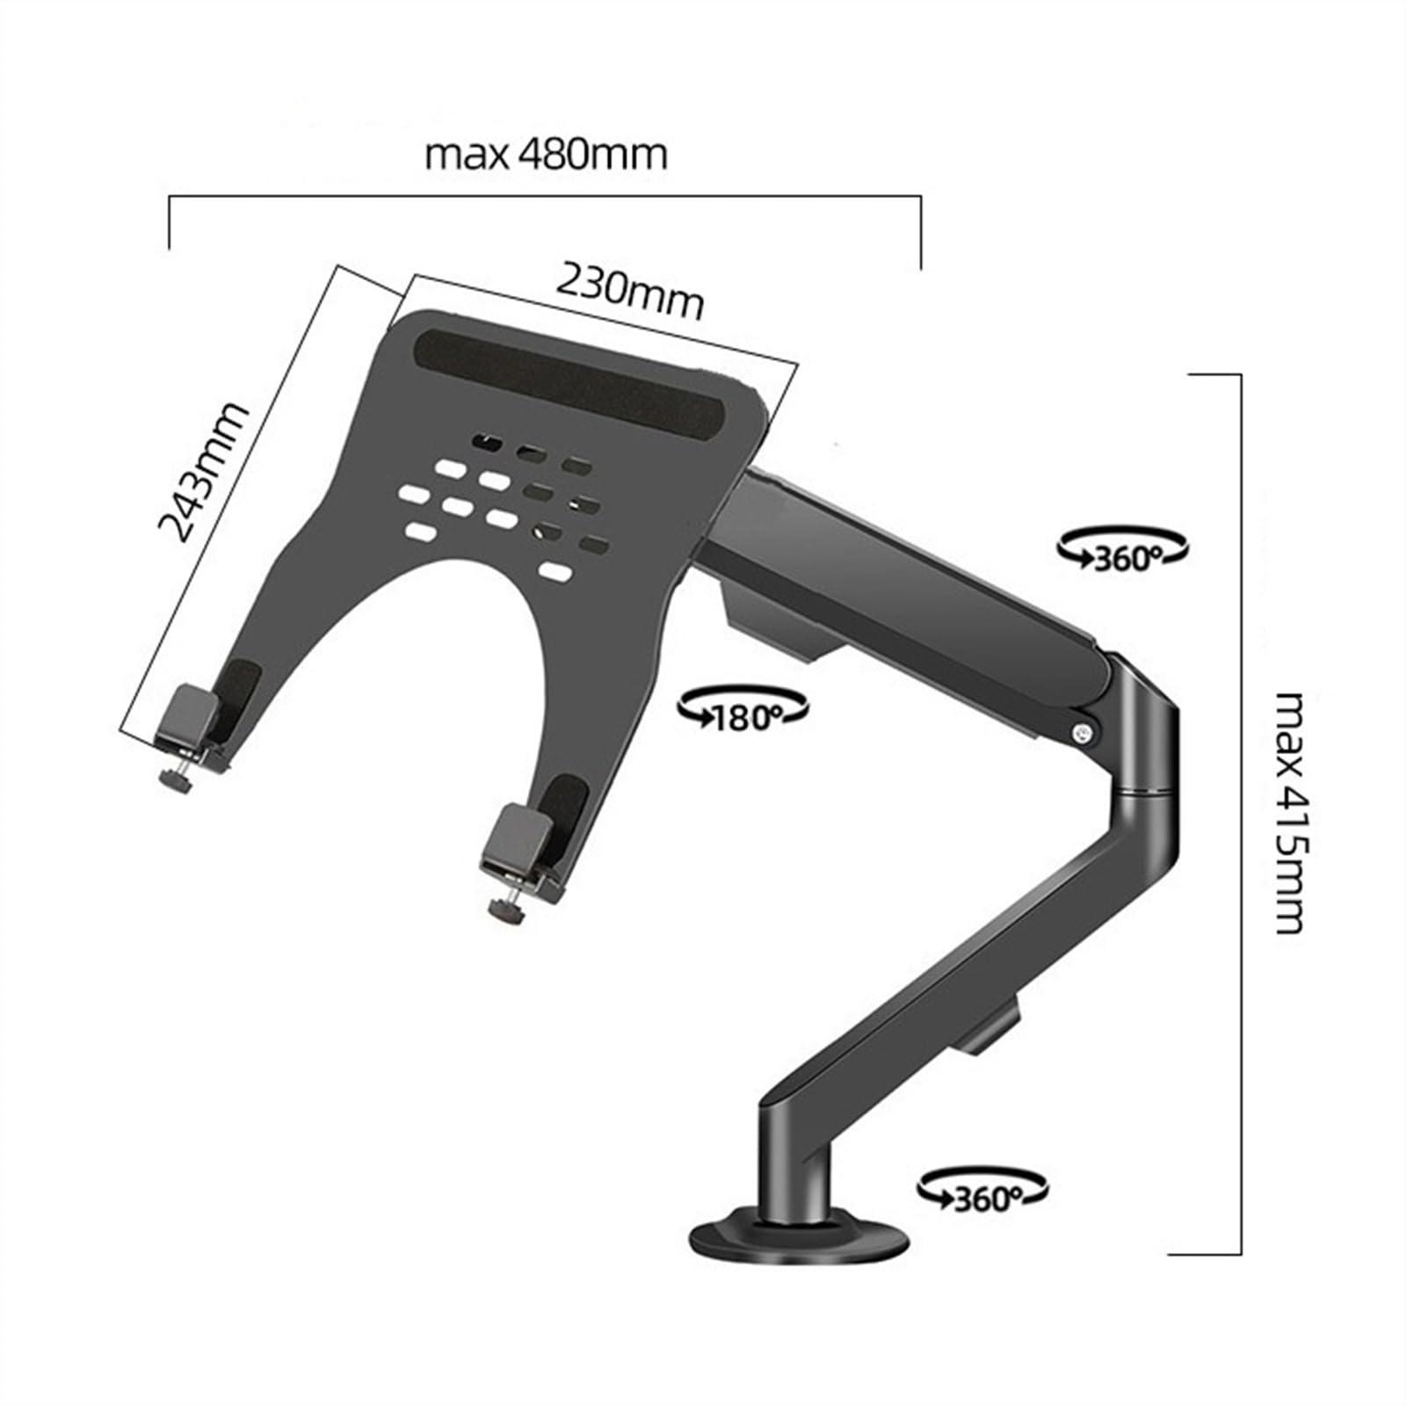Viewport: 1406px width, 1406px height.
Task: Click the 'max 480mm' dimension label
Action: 546,155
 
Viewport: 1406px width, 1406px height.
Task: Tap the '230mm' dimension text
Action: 630,293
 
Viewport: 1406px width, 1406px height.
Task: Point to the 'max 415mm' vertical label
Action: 1290,812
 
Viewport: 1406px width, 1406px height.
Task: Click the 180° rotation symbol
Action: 743,708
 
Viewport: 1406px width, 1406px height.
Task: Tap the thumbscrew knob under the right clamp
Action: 508,914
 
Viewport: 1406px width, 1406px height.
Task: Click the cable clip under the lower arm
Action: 989,1028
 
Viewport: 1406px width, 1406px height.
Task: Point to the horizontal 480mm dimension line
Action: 545,198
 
